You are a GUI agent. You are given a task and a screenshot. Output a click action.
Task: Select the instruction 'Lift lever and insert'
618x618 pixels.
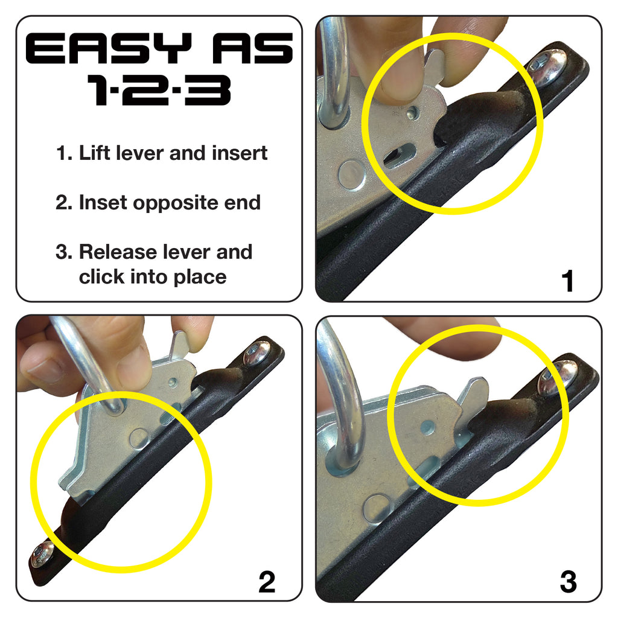coord(173,153)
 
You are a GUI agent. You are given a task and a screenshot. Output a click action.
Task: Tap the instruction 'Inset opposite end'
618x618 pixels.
coord(170,203)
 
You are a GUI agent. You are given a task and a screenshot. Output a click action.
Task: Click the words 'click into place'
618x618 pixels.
coord(153,277)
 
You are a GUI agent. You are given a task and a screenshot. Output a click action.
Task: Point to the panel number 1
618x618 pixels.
coord(567,281)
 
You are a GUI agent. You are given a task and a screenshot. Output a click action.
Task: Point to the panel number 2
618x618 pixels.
coord(267,582)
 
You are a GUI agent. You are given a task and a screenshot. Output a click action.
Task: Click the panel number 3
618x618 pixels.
coord(567,582)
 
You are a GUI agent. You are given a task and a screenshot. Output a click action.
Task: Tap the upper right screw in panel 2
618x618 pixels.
coord(256,354)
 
